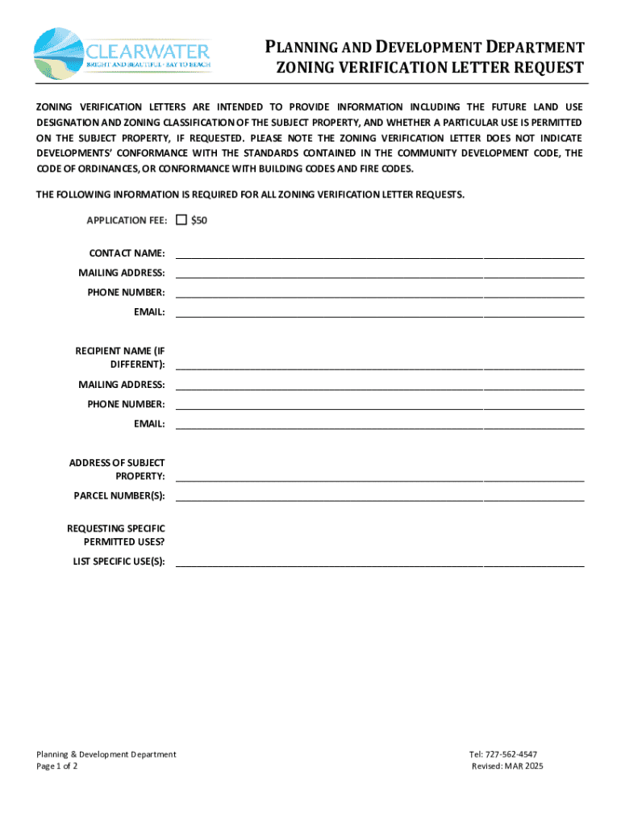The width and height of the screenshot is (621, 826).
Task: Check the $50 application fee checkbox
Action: (181, 220)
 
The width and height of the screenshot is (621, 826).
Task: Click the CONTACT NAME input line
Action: (379, 253)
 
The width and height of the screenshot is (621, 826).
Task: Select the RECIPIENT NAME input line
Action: (379, 364)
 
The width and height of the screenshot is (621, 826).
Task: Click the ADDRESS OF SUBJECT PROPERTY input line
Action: (379, 476)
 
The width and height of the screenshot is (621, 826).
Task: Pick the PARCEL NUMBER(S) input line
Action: (379, 495)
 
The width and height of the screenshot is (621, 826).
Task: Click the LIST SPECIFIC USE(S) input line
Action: (379, 561)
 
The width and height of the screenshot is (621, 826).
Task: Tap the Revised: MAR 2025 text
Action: (507, 766)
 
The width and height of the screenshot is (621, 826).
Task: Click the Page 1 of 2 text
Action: (57, 766)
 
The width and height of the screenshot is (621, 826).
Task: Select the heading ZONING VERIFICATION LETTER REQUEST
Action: (429, 69)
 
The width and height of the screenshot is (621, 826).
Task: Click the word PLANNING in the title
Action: (313, 48)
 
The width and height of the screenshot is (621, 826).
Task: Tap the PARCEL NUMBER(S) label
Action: (119, 495)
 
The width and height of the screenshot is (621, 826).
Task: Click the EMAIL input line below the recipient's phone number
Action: (379, 424)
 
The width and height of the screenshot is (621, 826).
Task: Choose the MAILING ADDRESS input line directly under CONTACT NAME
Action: (379, 273)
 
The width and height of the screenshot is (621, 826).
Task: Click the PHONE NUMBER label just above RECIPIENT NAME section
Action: (127, 292)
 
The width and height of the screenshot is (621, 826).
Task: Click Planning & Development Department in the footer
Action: (106, 754)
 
